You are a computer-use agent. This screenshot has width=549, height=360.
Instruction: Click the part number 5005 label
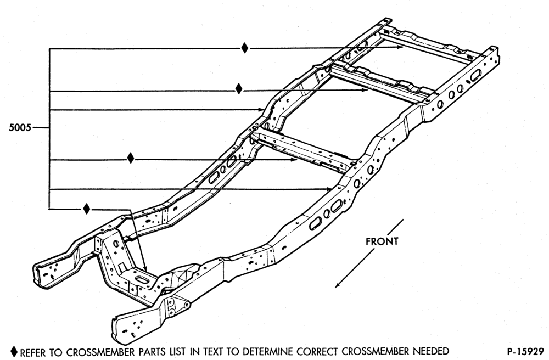20,127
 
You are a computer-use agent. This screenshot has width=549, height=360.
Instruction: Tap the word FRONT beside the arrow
382,241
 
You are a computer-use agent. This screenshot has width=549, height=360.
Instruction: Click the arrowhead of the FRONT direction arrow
338,285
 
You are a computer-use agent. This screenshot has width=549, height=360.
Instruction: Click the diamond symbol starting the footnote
14,351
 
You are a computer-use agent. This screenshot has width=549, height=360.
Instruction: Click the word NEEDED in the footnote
432,351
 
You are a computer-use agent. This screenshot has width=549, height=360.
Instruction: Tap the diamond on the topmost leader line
245,48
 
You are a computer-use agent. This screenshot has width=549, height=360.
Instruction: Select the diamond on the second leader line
239,88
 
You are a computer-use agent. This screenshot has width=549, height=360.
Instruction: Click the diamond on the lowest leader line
87,209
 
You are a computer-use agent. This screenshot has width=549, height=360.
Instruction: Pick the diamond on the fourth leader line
131,158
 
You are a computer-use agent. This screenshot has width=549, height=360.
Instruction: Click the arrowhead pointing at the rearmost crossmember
400,47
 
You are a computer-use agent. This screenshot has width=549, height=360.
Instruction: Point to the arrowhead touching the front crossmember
144,268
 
